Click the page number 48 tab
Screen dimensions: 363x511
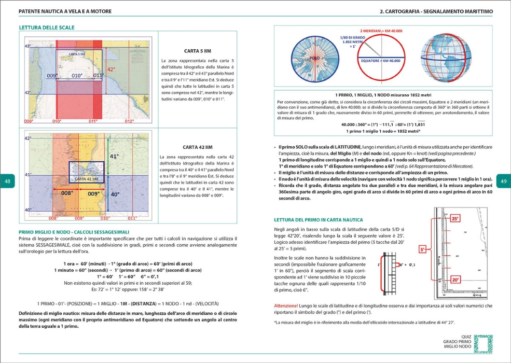[7, 181]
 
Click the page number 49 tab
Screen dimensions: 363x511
[503, 181]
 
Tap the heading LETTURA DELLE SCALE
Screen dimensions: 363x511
[47, 27]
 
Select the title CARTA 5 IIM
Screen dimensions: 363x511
[198, 51]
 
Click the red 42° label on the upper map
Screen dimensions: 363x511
[111, 69]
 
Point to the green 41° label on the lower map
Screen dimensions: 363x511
[114, 156]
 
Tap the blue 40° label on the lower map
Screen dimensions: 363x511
[115, 194]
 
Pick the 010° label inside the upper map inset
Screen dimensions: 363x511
[77, 76]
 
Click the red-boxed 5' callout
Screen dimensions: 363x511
[423, 249]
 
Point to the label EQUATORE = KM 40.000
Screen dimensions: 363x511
[380, 61]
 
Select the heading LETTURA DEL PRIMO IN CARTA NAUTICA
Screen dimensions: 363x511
[319, 220]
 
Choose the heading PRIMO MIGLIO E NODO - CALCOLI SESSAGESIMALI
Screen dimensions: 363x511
[74, 232]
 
